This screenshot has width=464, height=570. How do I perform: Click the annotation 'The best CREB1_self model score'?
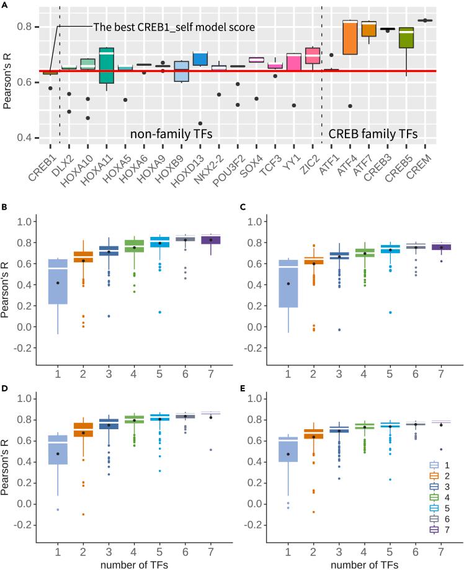pos(174,27)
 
